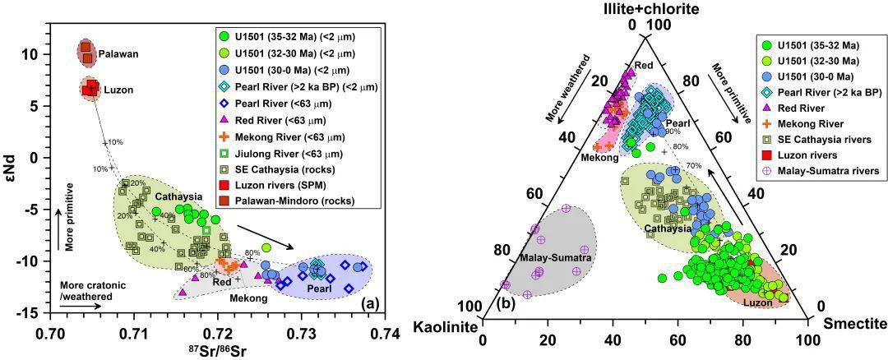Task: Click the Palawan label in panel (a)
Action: click(x=119, y=54)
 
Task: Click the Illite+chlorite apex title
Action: click(x=644, y=9)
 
